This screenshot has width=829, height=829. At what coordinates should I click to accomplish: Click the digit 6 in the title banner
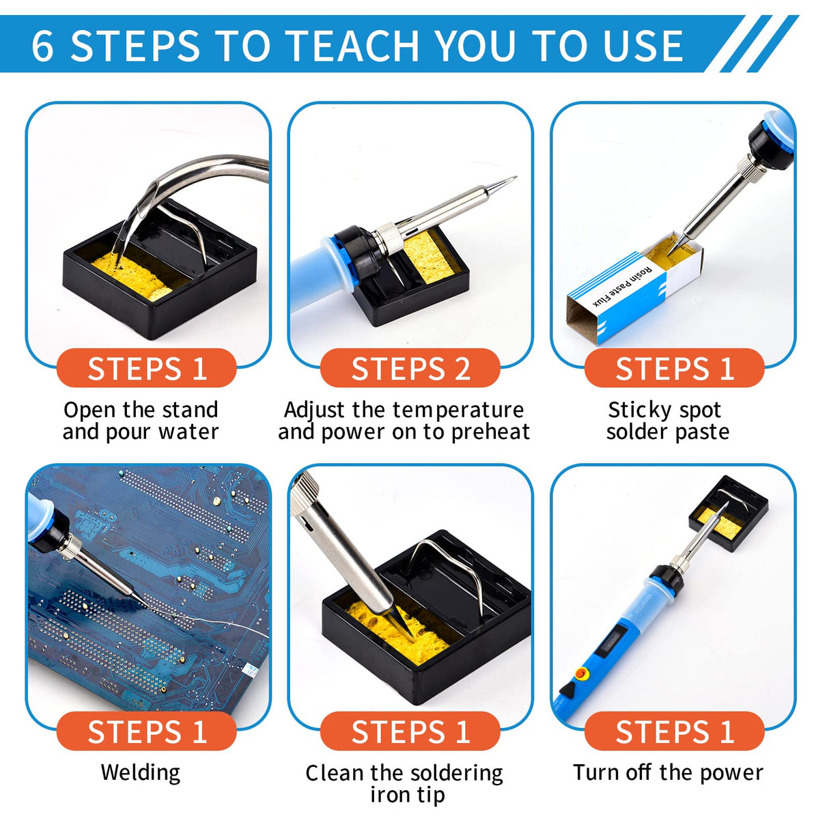[42, 46]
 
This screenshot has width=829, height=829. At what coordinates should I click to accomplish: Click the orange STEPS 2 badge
[410, 369]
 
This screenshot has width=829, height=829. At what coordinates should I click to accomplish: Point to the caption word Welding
[141, 772]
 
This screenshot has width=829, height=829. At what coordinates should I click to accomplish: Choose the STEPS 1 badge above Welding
[146, 731]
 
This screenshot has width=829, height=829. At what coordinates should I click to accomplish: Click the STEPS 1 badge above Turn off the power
[674, 731]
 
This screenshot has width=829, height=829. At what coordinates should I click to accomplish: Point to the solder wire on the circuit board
[205, 623]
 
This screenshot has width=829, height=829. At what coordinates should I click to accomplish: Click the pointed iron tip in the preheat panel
[502, 184]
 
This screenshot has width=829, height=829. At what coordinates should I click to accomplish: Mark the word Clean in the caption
[335, 773]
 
